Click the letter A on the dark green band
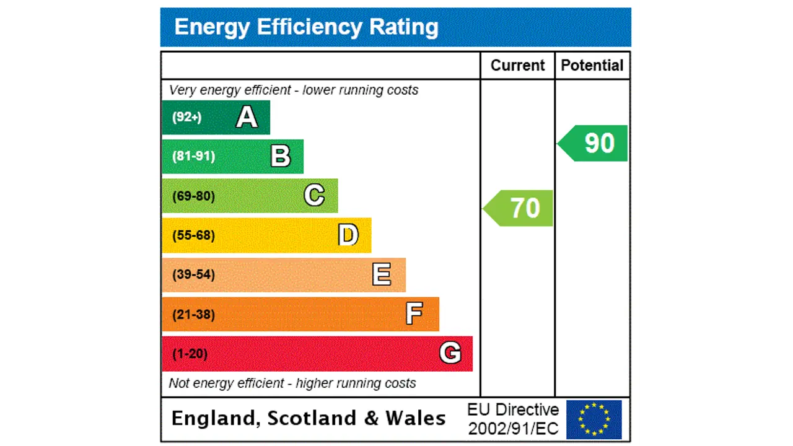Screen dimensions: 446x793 click(247, 117)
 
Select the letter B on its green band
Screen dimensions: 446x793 click(281, 156)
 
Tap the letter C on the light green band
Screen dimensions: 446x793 click(314, 196)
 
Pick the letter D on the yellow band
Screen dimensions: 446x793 click(348, 235)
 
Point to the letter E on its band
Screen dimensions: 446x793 click(382, 274)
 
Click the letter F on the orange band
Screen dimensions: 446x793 click(414, 314)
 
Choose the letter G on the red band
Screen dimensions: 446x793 click(450, 353)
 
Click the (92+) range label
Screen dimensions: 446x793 click(186, 117)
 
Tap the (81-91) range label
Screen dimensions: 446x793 click(193, 156)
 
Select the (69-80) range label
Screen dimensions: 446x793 click(193, 196)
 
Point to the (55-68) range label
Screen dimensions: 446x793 click(193, 235)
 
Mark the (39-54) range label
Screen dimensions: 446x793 click(193, 274)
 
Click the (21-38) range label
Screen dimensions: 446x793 click(193, 314)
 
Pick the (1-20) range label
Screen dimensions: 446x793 click(190, 354)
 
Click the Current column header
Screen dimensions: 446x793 click(517, 66)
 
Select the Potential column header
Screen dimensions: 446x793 click(592, 66)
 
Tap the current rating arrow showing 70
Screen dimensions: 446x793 click(520, 208)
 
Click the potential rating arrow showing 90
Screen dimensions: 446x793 click(595, 143)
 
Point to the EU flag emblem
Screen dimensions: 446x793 click(594, 419)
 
